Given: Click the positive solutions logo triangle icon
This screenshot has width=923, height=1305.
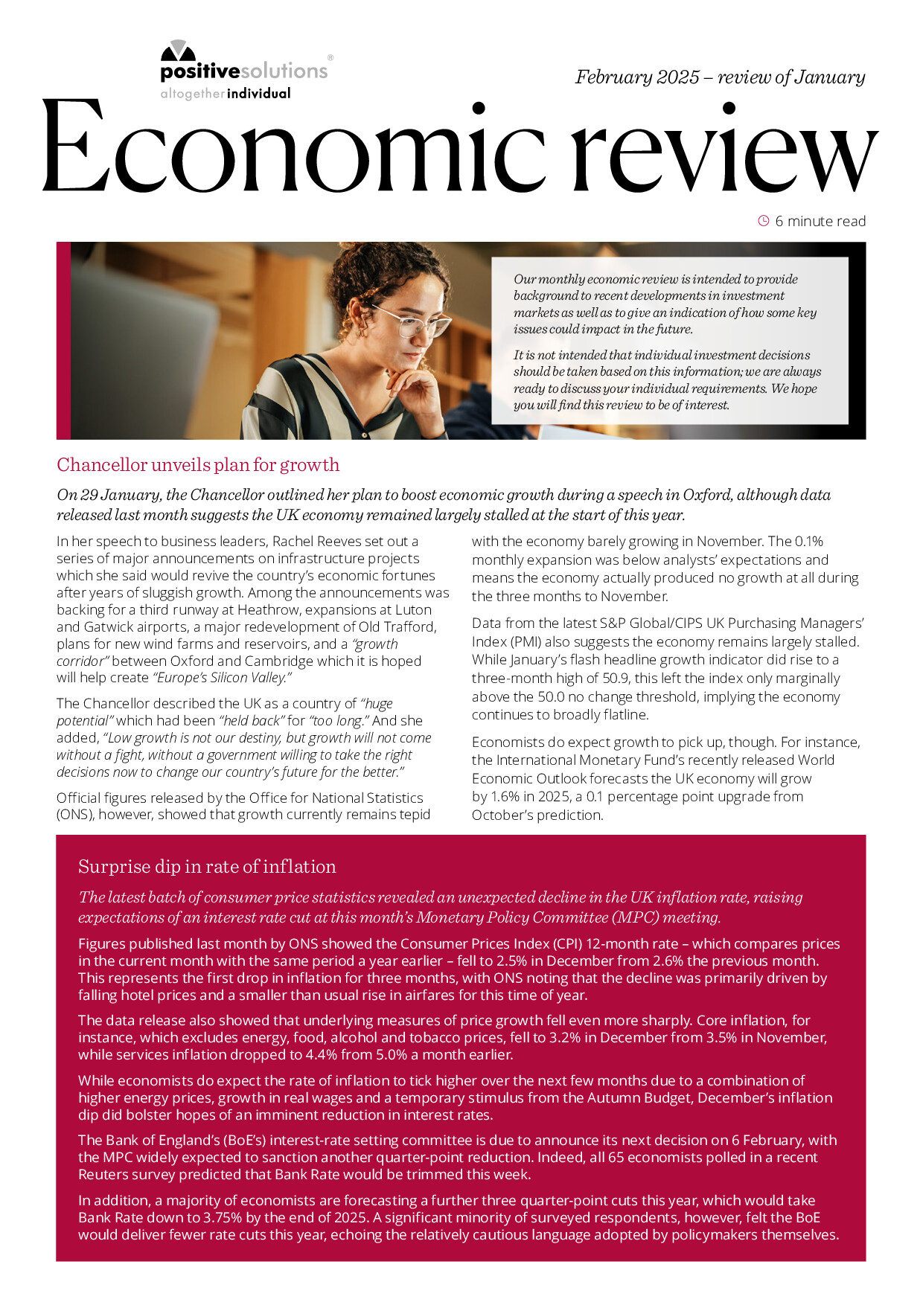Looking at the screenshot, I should coord(178,51).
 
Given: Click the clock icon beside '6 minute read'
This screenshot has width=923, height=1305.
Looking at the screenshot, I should coord(763,221).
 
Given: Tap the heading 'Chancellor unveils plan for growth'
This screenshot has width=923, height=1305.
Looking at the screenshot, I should coord(198,465).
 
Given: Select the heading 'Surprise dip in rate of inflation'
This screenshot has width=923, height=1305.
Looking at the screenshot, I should coord(207,867).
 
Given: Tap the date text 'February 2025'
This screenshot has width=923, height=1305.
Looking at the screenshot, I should coord(637,77).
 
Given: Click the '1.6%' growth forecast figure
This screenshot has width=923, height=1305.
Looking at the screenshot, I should coord(508,797).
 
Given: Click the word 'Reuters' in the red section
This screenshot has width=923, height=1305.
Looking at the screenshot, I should coord(105,1175).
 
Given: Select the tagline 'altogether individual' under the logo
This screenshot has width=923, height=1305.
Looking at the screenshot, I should coord(226,94).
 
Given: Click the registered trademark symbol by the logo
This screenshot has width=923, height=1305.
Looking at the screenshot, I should coord(330,57).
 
